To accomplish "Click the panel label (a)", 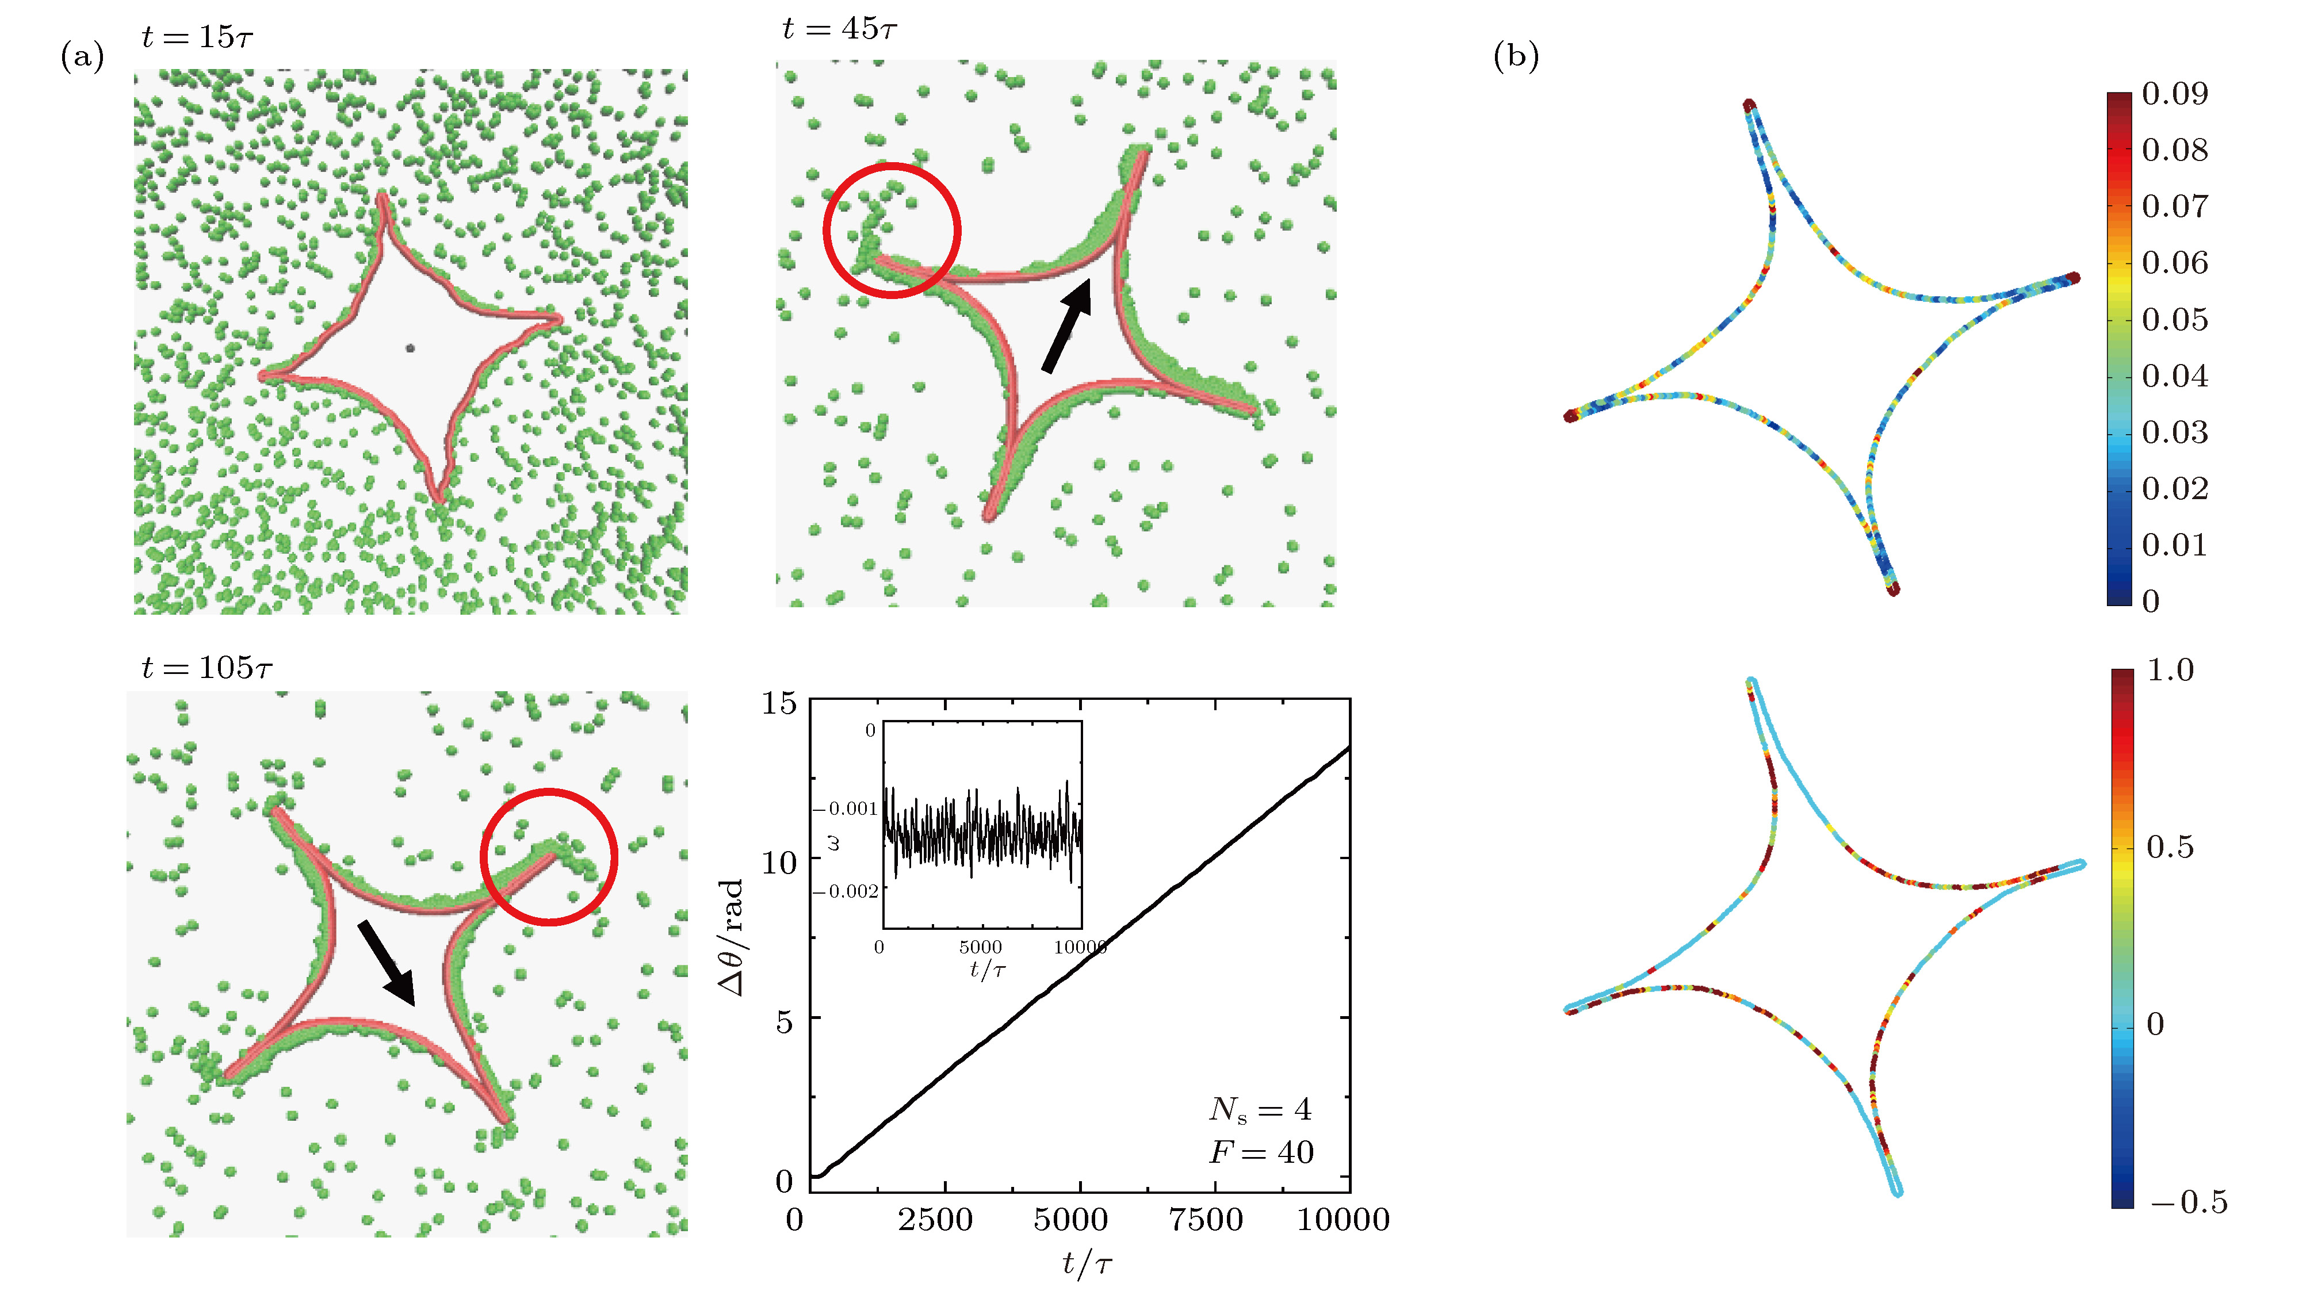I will pyautogui.click(x=82, y=58).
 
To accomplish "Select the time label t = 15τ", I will pyautogui.click(x=197, y=37).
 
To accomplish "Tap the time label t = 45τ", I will pyautogui.click(x=839, y=29).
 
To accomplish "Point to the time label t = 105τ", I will pyautogui.click(x=207, y=668).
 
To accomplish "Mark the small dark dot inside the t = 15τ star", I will pyautogui.click(x=410, y=348).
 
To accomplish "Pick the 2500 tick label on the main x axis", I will pyautogui.click(x=935, y=1219).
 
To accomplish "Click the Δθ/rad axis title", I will pyautogui.click(x=732, y=937).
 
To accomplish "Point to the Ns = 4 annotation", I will pyautogui.click(x=1260, y=1110).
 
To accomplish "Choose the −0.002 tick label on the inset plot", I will pyautogui.click(x=845, y=891).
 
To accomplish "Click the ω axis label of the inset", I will pyautogui.click(x=834, y=842).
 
